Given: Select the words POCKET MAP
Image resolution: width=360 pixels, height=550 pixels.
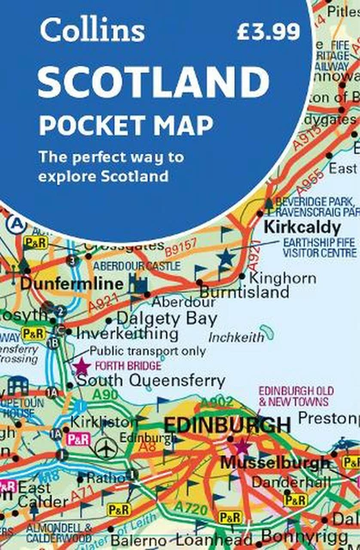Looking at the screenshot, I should (x=125, y=125).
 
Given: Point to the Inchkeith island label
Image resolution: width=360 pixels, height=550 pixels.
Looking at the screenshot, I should (x=237, y=337).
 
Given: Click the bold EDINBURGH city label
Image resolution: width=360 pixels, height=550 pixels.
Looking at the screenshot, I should (x=227, y=425).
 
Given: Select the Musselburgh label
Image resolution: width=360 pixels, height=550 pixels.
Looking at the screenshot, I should (x=275, y=461).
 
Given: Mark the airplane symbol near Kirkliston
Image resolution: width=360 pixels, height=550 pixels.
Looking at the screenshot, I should (x=107, y=449).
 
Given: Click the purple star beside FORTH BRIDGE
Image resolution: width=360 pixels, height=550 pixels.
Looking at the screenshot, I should (x=82, y=367).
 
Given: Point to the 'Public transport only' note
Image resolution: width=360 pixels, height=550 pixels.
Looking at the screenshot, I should (x=145, y=351).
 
